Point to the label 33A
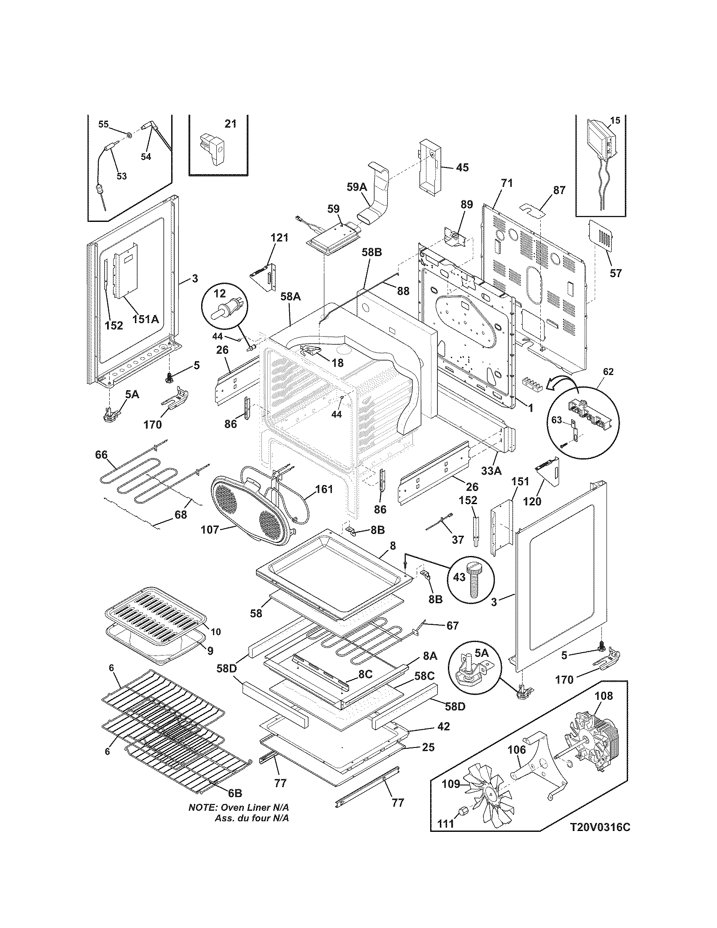click(x=491, y=470)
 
